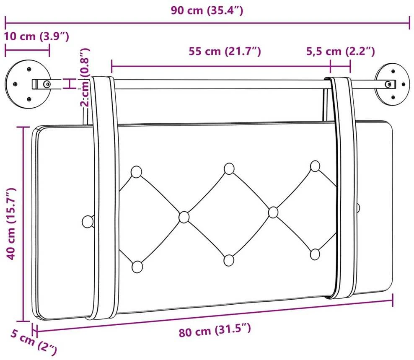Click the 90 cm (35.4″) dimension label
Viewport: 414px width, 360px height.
(207, 10)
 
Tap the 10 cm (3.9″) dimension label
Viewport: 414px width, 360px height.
(36, 36)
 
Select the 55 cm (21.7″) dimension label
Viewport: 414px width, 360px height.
(225, 51)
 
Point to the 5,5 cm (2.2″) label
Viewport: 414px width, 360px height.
(340, 51)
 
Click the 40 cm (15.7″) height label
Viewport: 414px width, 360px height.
(12, 223)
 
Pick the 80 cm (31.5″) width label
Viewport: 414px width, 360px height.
(215, 330)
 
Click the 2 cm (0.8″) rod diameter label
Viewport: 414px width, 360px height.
(85, 77)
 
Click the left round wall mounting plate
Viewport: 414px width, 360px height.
(28, 84)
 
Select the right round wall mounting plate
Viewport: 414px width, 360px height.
(392, 84)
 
